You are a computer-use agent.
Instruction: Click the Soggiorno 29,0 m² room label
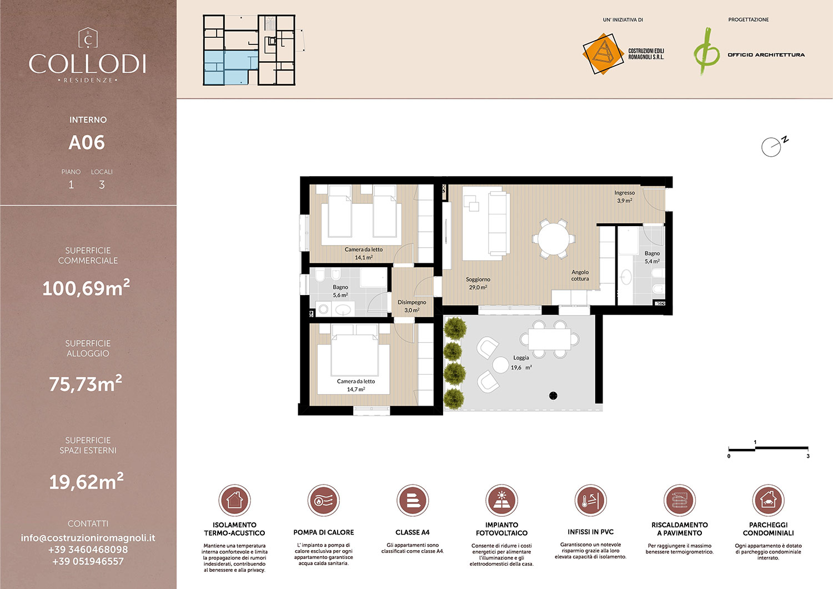tap(478, 283)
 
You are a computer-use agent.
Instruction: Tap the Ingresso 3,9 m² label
tap(624, 197)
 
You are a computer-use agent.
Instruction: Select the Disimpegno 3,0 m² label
tap(412, 306)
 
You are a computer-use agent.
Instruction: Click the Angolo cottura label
tap(580, 276)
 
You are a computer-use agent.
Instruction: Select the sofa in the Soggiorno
tap(499, 222)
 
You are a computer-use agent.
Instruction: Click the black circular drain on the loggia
tap(553, 396)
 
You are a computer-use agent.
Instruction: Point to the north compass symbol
tap(773, 146)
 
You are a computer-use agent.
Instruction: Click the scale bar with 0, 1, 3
tap(768, 448)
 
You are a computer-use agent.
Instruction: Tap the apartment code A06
tap(87, 143)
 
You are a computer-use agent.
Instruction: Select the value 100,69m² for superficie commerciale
tap(86, 288)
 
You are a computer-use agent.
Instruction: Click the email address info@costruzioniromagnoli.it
tap(88, 538)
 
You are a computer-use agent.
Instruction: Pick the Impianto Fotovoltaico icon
tap(501, 500)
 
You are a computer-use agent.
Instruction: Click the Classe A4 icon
tap(413, 500)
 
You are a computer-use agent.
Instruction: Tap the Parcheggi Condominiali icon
tap(768, 500)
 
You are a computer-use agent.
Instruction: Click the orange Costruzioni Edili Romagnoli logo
tap(602, 54)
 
